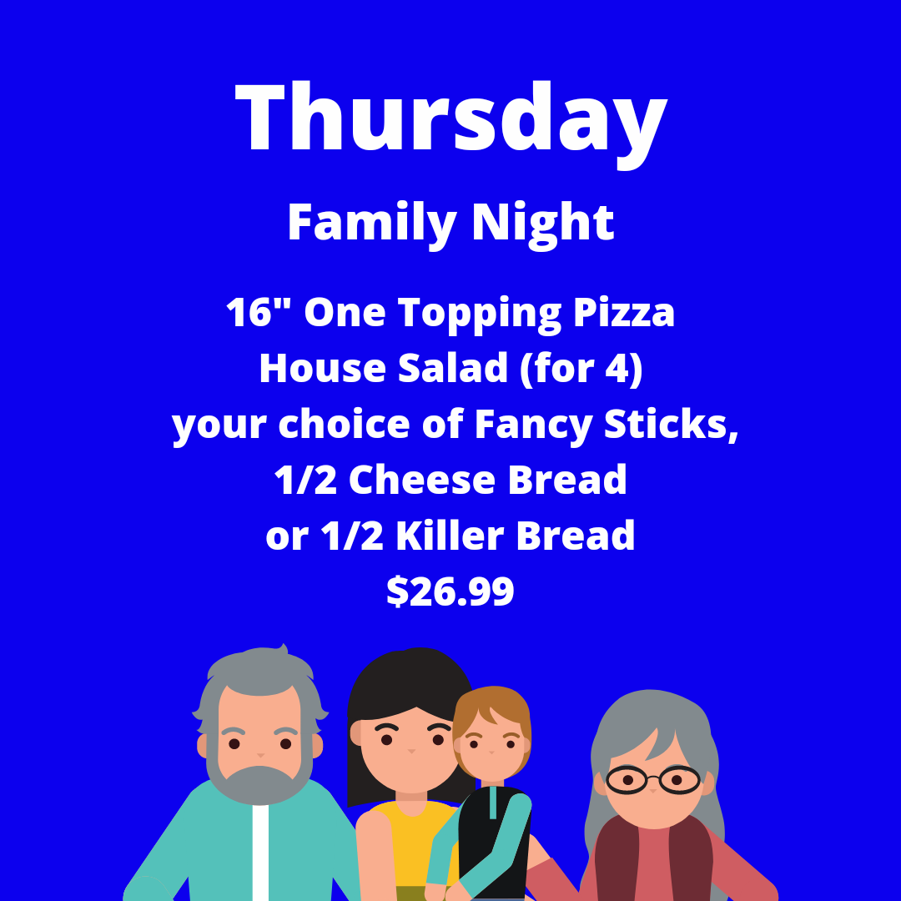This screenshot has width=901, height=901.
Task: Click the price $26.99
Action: click(x=450, y=591)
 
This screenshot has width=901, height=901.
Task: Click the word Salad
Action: click(x=453, y=369)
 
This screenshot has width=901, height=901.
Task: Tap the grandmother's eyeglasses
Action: click(x=652, y=780)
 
